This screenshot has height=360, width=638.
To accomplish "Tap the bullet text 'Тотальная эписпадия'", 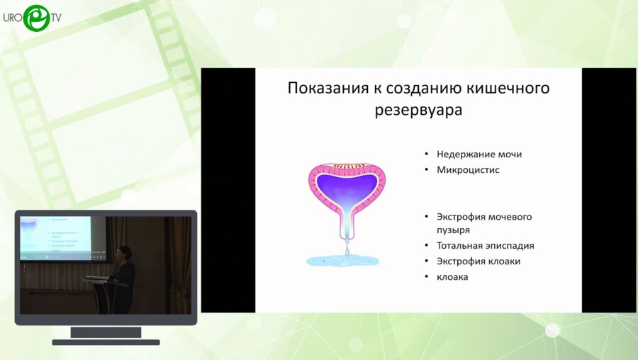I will coord(486,245).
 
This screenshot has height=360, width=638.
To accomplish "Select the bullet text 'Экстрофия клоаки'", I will coord(478,261).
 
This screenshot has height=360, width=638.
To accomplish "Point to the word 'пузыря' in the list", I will coord(454,230).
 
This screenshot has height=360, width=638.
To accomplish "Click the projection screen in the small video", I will coord(55,237).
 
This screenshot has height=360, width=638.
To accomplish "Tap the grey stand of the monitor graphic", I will coord(106,332).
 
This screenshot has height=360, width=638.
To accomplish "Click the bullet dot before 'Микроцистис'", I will coord(426,170).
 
